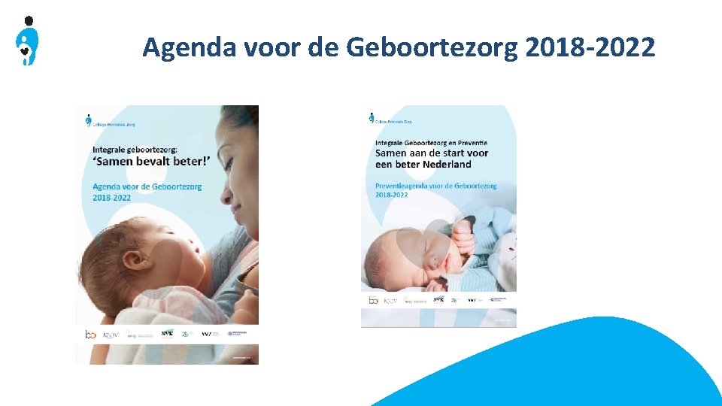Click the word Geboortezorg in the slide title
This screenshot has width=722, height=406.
click(432, 48)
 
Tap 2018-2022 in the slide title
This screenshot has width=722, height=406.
click(590, 48)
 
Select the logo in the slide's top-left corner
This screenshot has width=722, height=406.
click(27, 41)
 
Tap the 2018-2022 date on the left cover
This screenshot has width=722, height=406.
click(112, 198)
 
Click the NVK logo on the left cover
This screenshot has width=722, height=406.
click(167, 333)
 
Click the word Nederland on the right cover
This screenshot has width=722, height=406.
click(446, 165)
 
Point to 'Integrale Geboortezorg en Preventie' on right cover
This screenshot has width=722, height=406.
click(431, 142)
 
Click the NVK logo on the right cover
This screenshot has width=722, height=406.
click(438, 299)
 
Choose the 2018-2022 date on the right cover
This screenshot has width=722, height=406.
click(392, 195)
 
